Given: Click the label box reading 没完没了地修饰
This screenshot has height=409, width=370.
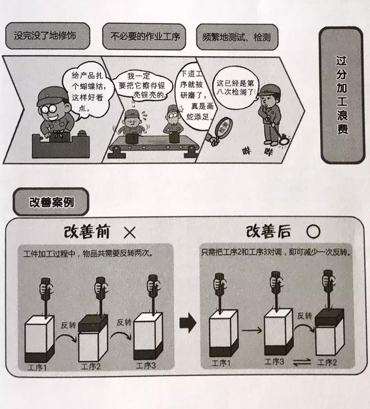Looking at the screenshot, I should (47, 36).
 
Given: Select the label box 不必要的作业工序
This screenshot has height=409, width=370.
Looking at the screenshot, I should (145, 36).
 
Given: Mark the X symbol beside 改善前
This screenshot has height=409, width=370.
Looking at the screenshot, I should (129, 233).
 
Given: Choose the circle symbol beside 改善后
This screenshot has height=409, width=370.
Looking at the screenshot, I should (313, 232).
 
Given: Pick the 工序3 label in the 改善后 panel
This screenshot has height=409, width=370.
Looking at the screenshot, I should (274, 361).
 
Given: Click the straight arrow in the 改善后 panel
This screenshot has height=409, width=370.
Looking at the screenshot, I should (252, 331).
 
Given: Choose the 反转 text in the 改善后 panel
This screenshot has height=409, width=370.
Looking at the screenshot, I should (305, 315).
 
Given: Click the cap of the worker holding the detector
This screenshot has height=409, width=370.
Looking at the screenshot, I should (268, 90).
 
